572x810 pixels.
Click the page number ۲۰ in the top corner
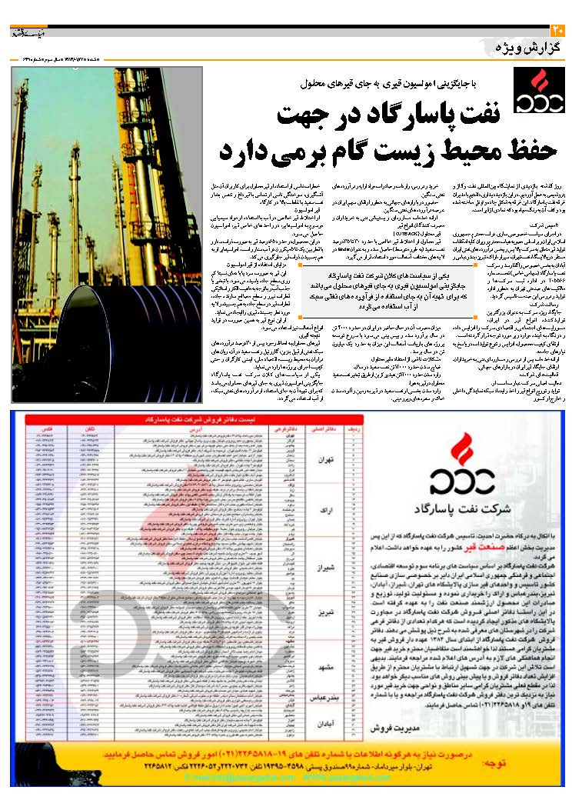click(559, 31)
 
